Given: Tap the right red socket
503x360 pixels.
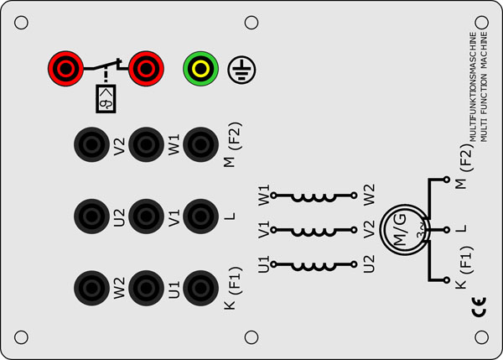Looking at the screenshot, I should pos(145,65).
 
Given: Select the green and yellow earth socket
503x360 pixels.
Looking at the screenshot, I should pos(200,66).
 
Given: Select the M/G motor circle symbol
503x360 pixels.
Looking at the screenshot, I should pos(402,228).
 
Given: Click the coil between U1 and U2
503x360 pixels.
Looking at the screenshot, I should pos(316,266).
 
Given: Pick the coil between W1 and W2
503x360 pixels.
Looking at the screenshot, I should pos(316,198).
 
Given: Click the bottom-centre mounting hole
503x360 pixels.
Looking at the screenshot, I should pos(250,337).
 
